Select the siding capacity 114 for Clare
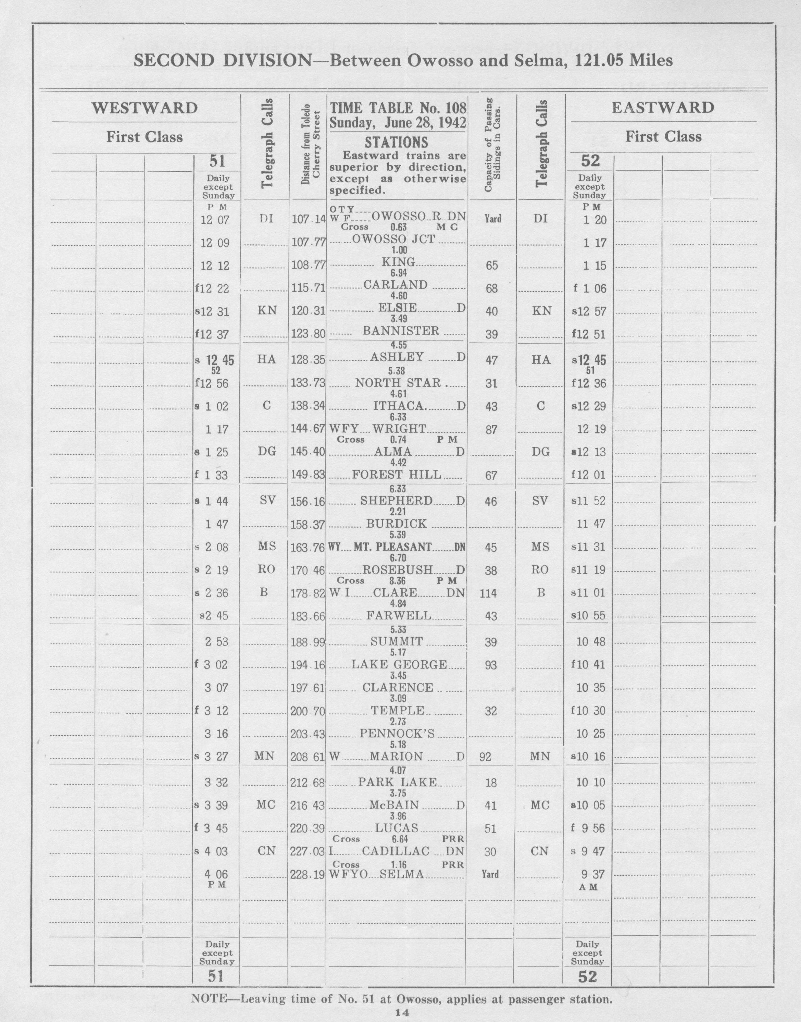490,593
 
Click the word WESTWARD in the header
145,108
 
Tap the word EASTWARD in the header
663,108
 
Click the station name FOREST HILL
397,475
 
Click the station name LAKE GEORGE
399,664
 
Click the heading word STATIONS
397,142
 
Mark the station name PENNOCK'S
397,734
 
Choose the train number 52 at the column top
590,161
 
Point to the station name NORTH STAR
398,383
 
